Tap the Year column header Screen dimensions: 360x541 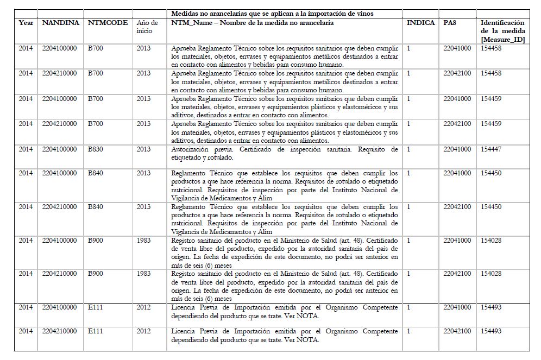pos(26,23)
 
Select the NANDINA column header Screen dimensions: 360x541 pos(60,23)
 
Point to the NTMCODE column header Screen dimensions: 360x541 pos(108,23)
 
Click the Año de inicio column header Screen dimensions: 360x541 pos(147,27)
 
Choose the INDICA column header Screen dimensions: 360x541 pos(420,23)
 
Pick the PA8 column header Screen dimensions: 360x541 pos(450,23)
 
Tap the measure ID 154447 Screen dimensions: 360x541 pos(491,149)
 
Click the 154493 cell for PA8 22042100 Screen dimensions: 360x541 pos(491,331)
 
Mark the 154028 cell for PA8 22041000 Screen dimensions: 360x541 pos(491,240)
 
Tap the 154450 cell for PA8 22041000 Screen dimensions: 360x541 pos(491,173)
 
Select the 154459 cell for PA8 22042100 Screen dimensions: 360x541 pos(491,124)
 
